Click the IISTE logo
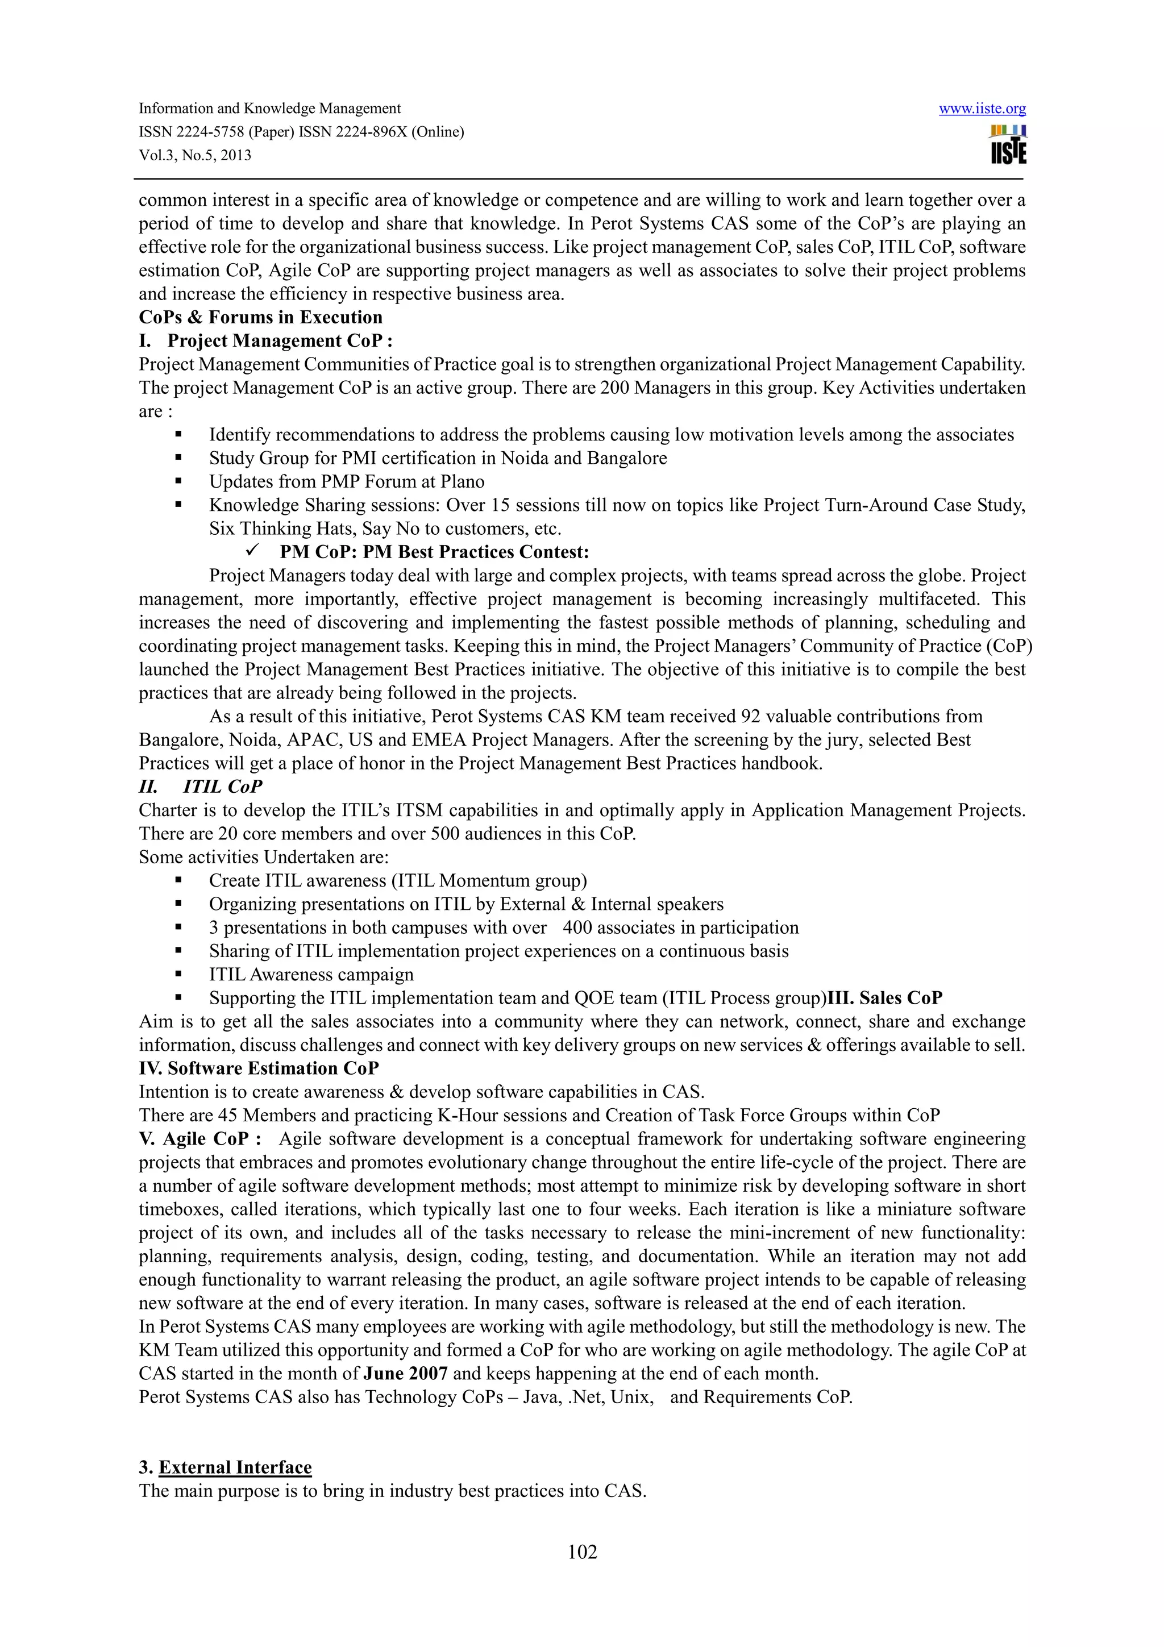[x=1008, y=145]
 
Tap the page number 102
[x=581, y=1552]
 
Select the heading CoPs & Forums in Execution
[x=260, y=317]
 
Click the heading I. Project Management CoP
[x=265, y=341]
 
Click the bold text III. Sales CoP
[x=885, y=998]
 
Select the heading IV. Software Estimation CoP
[x=258, y=1068]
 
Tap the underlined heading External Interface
[x=235, y=1467]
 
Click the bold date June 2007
[x=405, y=1374]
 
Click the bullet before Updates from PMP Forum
[x=178, y=481]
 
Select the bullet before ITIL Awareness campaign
[x=178, y=974]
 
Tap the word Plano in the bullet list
[x=461, y=481]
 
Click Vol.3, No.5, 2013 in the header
[x=195, y=156]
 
